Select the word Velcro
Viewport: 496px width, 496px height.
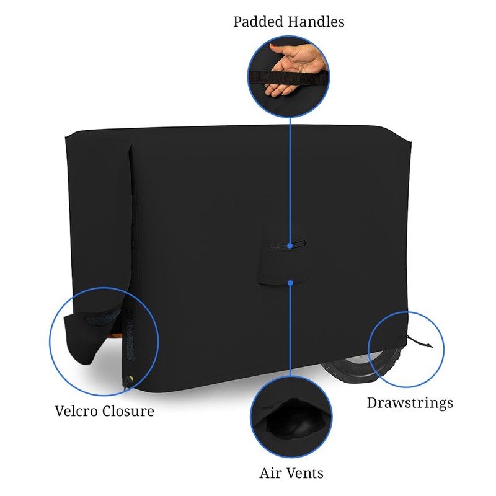click(x=77, y=411)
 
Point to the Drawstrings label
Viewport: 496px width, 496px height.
click(x=410, y=402)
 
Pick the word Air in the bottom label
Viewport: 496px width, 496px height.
click(x=268, y=474)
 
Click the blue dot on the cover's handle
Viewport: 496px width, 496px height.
click(x=290, y=245)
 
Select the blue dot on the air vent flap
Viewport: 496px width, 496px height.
click(x=290, y=283)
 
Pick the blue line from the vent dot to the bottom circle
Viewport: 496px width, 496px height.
click(x=290, y=329)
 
